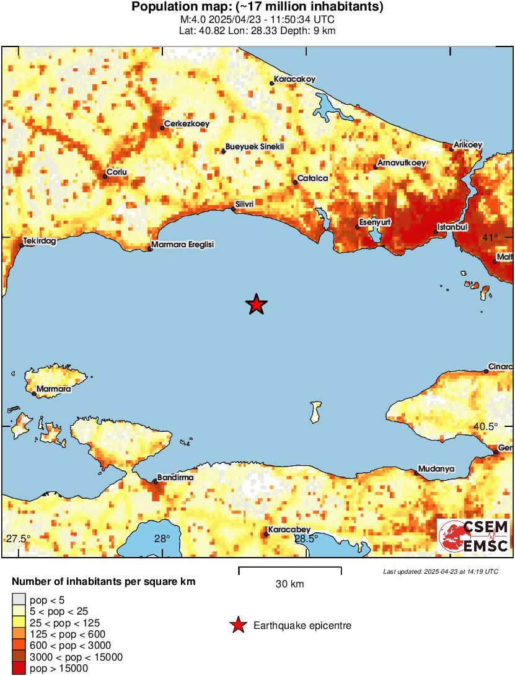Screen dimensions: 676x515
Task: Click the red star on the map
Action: (256, 304)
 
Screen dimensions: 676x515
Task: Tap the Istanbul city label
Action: (452, 227)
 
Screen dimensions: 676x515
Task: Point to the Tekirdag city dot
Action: (22, 246)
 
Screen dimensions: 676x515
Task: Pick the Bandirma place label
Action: (176, 478)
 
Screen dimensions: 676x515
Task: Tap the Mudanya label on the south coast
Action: (436, 469)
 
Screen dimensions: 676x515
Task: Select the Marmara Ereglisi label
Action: (183, 245)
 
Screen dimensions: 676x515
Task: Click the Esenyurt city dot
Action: (358, 227)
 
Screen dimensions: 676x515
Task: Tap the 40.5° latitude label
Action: (486, 426)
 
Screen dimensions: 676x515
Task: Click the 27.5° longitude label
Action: (18, 538)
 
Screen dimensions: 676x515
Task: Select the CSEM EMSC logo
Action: (473, 536)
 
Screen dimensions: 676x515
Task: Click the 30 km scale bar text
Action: (289, 584)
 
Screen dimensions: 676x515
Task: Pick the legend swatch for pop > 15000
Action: (20, 668)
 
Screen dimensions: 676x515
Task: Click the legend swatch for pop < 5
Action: (20, 600)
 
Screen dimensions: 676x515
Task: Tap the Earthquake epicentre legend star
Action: (238, 626)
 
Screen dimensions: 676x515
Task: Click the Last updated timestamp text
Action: (440, 571)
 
